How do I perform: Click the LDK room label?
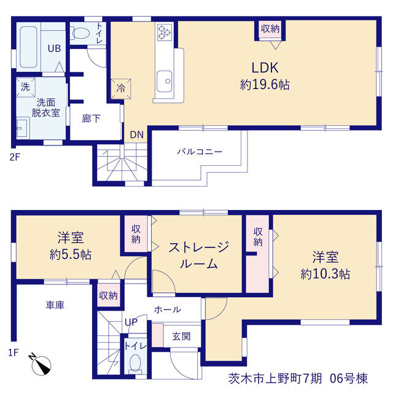(x=265, y=68)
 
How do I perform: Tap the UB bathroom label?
(x=54, y=49)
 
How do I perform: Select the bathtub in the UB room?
(x=28, y=47)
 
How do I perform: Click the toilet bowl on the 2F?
(x=80, y=33)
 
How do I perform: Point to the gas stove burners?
(x=165, y=33)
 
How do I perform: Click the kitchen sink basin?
(x=165, y=81)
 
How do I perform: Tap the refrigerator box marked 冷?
(x=121, y=88)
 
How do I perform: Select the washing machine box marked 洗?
(x=26, y=87)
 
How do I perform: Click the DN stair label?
(x=136, y=135)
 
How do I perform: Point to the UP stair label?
(x=131, y=322)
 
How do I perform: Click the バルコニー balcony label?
(x=200, y=152)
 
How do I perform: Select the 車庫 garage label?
(x=55, y=305)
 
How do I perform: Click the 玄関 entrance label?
(x=181, y=337)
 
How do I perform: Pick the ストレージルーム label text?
(x=198, y=255)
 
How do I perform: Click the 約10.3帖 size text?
(x=325, y=274)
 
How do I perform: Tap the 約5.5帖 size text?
(x=71, y=255)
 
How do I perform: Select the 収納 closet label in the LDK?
(x=270, y=29)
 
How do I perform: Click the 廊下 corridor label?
(x=91, y=119)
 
